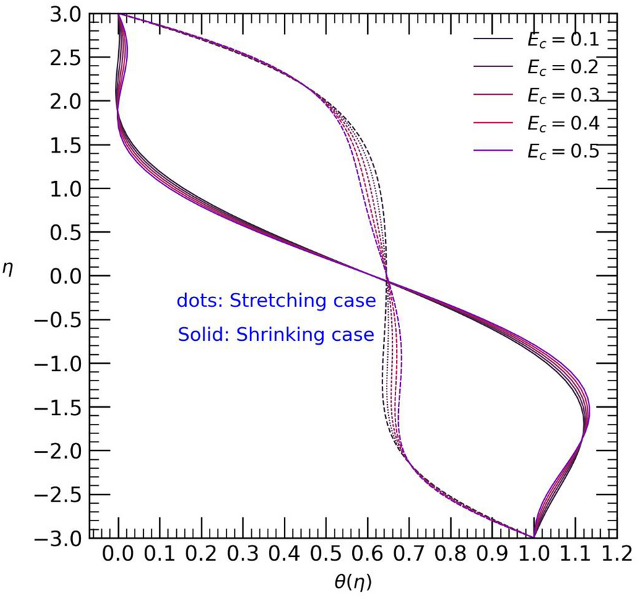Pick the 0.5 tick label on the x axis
[326, 556]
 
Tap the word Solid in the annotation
[201, 334]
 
